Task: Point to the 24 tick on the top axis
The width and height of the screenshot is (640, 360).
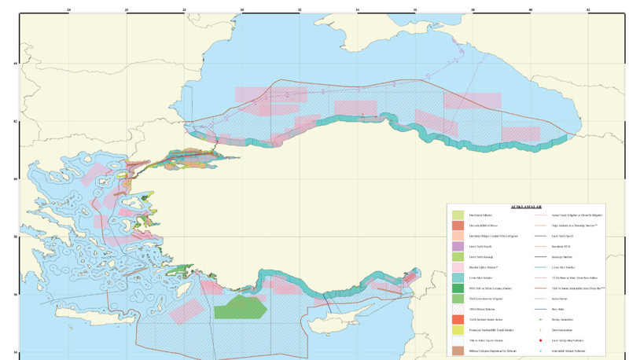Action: click(x=69, y=10)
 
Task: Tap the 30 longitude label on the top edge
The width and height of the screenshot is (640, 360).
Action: click(x=242, y=10)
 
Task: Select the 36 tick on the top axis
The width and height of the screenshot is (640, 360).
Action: click(x=415, y=10)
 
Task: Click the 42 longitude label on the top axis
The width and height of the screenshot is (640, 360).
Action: click(x=588, y=10)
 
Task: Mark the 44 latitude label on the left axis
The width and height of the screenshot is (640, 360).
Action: click(x=16, y=64)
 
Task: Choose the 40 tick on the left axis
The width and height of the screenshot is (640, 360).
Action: click(x=16, y=179)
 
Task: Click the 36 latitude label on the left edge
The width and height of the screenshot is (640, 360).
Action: click(x=16, y=295)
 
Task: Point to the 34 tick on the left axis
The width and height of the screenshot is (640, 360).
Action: click(x=16, y=352)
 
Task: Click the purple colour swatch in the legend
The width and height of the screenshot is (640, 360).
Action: click(x=458, y=246)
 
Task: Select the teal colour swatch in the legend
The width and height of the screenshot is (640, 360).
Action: click(x=458, y=277)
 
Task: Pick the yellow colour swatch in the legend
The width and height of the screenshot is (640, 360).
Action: click(x=458, y=330)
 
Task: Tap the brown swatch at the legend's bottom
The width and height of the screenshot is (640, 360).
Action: click(x=458, y=351)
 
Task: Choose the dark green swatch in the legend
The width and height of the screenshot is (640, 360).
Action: click(x=458, y=288)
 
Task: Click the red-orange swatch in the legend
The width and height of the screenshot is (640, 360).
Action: click(x=458, y=320)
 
